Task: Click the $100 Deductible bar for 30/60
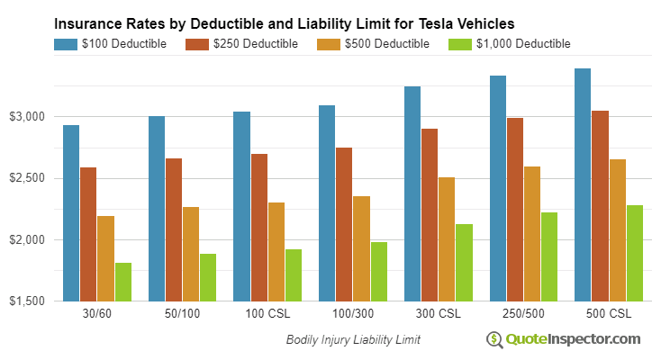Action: pos(71,212)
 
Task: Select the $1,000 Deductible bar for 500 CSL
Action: pos(635,253)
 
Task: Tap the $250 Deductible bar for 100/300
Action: pos(344,224)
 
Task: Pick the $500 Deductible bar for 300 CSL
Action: pos(446,238)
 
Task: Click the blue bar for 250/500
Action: pos(498,188)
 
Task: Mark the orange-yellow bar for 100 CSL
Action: pos(276,251)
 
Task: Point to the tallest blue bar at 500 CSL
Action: pos(583,184)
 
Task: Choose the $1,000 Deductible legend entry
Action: pos(508,43)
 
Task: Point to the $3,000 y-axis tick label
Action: pos(30,117)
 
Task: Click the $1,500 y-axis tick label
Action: pos(30,301)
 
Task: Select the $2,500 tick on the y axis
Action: pos(30,178)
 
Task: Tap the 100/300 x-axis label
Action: pos(352,315)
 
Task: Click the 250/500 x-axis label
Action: pos(522,315)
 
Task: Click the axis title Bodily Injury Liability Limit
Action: pos(353,340)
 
